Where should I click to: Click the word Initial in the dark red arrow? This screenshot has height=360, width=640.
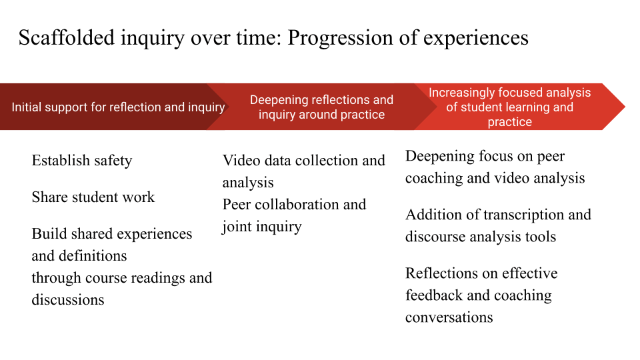[27, 107]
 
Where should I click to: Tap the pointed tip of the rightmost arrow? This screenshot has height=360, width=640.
[625, 107]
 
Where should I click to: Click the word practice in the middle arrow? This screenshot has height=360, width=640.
[363, 115]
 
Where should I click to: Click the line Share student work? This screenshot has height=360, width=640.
[93, 197]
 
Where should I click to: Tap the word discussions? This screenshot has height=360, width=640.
[68, 300]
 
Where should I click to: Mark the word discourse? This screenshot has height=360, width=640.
[433, 237]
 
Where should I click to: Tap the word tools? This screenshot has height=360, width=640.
[540, 237]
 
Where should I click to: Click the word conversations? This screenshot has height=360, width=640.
[449, 317]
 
